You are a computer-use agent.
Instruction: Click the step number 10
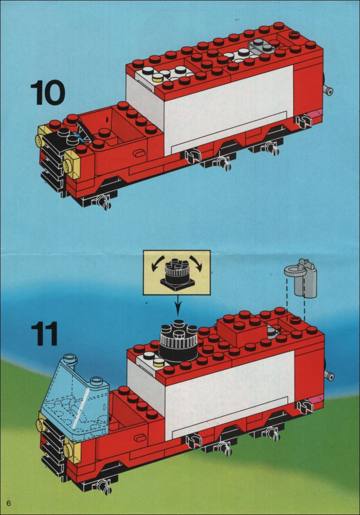pyautogui.click(x=48, y=93)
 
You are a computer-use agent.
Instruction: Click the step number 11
pyautogui.click(x=45, y=334)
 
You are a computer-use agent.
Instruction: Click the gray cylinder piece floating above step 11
pyautogui.click(x=304, y=278)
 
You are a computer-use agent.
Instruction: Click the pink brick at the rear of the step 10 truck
pyautogui.click(x=315, y=115)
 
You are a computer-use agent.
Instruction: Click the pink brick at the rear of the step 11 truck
pyautogui.click(x=315, y=400)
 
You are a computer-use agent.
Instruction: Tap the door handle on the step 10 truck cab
pyautogui.click(x=139, y=153)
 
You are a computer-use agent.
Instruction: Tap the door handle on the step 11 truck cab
pyautogui.click(x=140, y=438)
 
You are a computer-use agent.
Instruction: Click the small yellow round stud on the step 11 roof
pyautogui.click(x=159, y=362)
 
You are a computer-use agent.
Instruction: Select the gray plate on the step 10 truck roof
pyautogui.click(x=262, y=46)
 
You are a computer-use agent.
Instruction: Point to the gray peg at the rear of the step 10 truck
pyautogui.click(x=328, y=90)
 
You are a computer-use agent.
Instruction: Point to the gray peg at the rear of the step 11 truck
pyautogui.click(x=329, y=375)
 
